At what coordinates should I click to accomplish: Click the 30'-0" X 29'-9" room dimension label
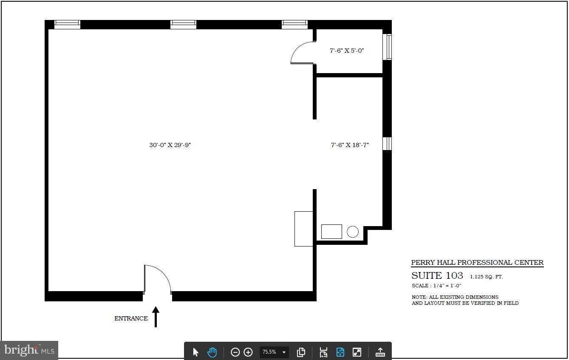[x=170, y=145]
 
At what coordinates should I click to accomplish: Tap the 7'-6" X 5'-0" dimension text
[x=347, y=51]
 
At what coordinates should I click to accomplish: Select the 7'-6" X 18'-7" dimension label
[x=350, y=145]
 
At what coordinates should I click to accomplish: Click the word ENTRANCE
[x=131, y=318]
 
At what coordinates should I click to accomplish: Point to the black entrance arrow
[x=156, y=317]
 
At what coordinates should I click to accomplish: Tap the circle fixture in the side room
[x=353, y=232]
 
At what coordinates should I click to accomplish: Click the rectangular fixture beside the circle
[x=331, y=232]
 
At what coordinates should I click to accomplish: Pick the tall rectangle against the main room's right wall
[x=304, y=229]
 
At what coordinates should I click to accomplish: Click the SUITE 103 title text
[x=437, y=275]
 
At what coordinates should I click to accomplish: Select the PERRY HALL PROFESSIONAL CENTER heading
[x=477, y=263]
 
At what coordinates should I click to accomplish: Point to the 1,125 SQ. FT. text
[x=486, y=277]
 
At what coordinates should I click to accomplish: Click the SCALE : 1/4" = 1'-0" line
[x=436, y=286]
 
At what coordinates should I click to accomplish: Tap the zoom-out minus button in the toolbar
[x=235, y=352]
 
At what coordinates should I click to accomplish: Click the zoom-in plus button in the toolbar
[x=248, y=352]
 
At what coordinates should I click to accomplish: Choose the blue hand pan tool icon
[x=212, y=352]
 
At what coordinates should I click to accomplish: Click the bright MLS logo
[x=29, y=351]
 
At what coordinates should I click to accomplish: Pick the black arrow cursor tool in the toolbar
[x=195, y=352]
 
